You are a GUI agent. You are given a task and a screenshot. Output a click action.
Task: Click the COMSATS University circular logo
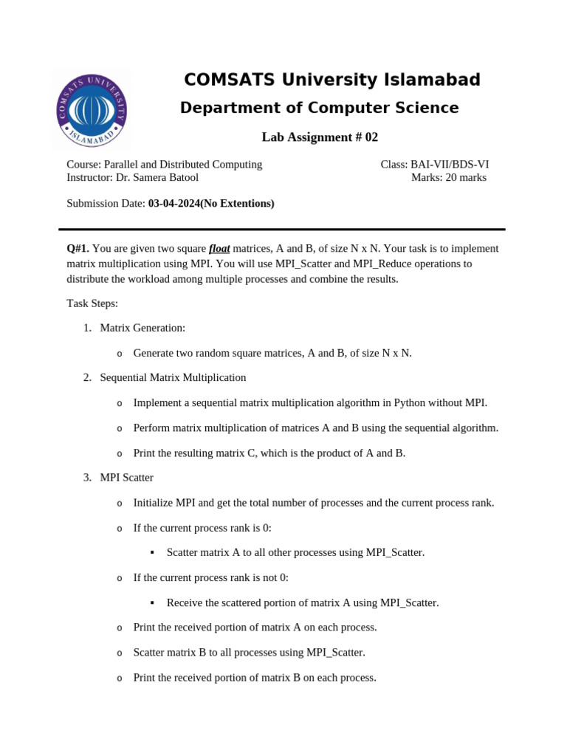92,109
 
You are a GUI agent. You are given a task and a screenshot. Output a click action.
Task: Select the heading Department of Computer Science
319,108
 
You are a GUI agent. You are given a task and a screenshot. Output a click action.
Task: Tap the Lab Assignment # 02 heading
320,137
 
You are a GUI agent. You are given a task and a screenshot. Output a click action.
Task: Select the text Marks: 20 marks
449,177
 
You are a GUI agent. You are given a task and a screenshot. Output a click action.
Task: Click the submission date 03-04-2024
173,203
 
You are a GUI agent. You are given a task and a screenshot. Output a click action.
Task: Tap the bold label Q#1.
78,248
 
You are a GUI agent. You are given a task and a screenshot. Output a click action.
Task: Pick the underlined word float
219,248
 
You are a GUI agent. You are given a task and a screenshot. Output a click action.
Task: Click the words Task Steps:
92,303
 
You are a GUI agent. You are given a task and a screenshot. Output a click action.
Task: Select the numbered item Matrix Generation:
142,328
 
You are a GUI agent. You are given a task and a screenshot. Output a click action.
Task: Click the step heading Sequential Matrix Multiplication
173,377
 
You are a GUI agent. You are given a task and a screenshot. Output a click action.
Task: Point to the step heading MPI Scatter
126,478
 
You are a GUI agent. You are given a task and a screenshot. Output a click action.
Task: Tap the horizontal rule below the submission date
282,229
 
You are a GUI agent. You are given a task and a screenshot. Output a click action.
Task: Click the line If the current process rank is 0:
202,528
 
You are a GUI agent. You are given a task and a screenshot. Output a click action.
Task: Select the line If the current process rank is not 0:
210,577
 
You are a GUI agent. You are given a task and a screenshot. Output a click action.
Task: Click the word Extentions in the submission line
245,203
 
